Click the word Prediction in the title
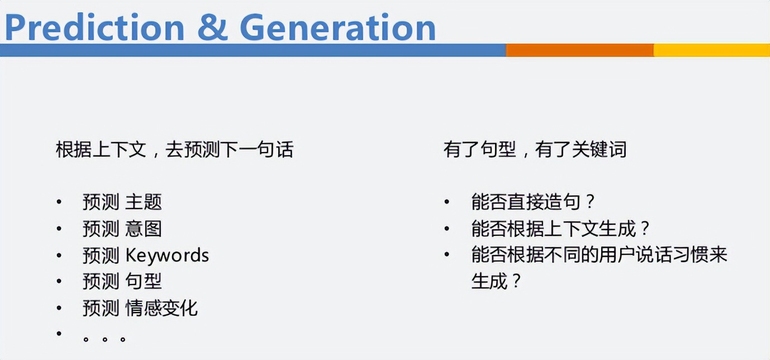click(x=94, y=26)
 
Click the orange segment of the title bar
click(x=579, y=50)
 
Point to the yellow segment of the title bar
click(x=711, y=50)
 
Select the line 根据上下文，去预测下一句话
click(x=174, y=150)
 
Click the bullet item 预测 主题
click(x=122, y=202)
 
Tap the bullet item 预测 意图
click(x=122, y=229)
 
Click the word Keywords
click(x=167, y=255)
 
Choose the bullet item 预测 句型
click(x=122, y=282)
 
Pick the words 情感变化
click(x=161, y=308)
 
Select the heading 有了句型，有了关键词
click(x=535, y=150)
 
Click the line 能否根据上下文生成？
click(x=561, y=229)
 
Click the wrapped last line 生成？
click(x=497, y=281)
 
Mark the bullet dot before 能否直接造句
click(x=447, y=201)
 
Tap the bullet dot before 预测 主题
click(x=59, y=201)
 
